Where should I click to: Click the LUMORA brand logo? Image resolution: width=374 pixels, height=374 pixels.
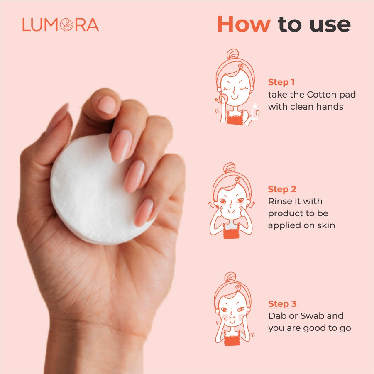pos(61,25)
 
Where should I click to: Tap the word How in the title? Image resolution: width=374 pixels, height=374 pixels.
pos(244,24)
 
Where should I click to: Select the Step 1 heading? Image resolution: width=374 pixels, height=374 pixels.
pos(281,82)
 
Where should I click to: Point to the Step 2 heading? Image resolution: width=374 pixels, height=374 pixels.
pos(282,189)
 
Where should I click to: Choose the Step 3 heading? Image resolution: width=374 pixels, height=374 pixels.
pos(282,303)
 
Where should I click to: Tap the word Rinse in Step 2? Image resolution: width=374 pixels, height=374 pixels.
pos(280,201)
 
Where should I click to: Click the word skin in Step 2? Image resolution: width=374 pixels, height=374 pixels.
pos(326,225)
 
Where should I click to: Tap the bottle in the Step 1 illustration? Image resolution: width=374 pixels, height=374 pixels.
pos(255,111)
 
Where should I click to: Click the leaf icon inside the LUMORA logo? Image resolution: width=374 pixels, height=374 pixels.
pos(66,25)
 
